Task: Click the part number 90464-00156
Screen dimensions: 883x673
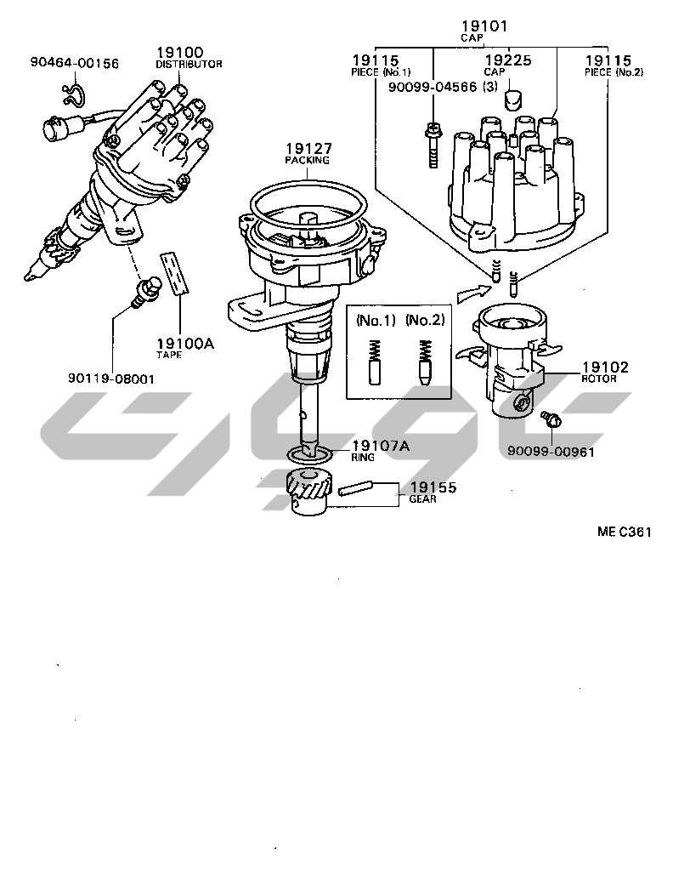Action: (74, 63)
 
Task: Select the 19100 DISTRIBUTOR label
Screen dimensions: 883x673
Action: (189, 57)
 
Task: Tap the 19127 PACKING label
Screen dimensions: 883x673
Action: (307, 153)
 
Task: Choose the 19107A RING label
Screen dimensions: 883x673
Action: (380, 448)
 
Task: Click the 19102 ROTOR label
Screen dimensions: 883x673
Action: (605, 372)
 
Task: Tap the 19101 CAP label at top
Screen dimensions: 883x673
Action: (484, 31)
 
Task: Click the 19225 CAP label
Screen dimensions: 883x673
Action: (508, 66)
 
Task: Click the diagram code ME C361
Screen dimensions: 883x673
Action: (624, 533)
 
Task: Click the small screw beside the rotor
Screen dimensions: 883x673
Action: (549, 419)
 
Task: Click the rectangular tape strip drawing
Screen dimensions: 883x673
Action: (177, 272)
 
